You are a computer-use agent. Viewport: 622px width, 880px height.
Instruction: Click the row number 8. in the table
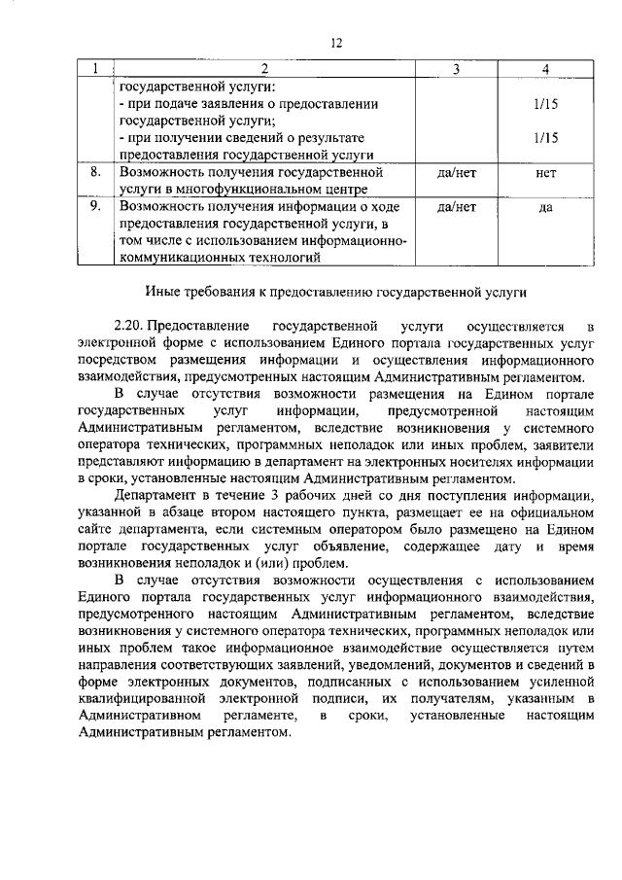95,172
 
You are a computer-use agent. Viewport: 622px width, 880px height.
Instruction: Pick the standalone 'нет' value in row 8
546,172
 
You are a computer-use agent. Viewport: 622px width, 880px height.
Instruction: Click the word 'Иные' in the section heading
162,291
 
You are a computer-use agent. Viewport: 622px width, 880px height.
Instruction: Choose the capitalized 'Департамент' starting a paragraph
153,496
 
